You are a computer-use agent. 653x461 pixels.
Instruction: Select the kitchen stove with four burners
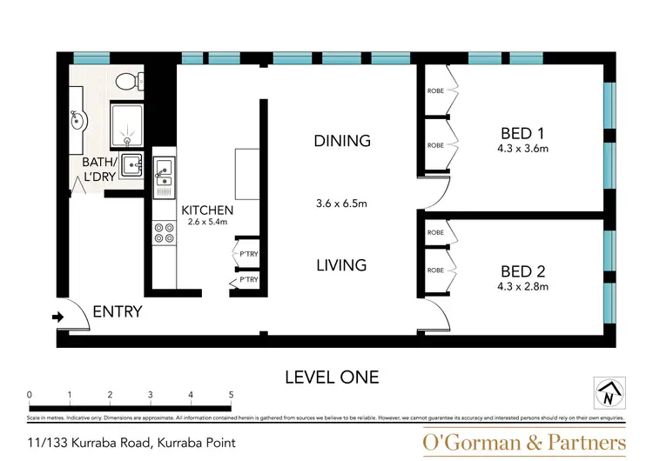163,232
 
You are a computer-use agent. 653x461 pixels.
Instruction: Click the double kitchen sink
163,173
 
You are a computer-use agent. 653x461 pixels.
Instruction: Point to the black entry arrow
58,317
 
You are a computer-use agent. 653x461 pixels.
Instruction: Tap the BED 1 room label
522,133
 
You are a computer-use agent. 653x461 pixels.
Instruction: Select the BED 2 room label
522,270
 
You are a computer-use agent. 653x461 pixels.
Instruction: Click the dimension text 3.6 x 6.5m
341,204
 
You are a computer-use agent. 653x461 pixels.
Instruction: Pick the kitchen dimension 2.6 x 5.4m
207,223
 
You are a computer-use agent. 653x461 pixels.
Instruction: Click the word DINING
342,141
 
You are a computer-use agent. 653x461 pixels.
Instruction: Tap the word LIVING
341,265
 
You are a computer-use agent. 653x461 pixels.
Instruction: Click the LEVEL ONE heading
332,377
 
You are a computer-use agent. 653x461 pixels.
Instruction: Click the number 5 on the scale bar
231,395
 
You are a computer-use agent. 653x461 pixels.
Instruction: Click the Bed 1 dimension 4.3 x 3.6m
522,149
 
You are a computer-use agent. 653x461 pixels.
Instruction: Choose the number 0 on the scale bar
30,395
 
